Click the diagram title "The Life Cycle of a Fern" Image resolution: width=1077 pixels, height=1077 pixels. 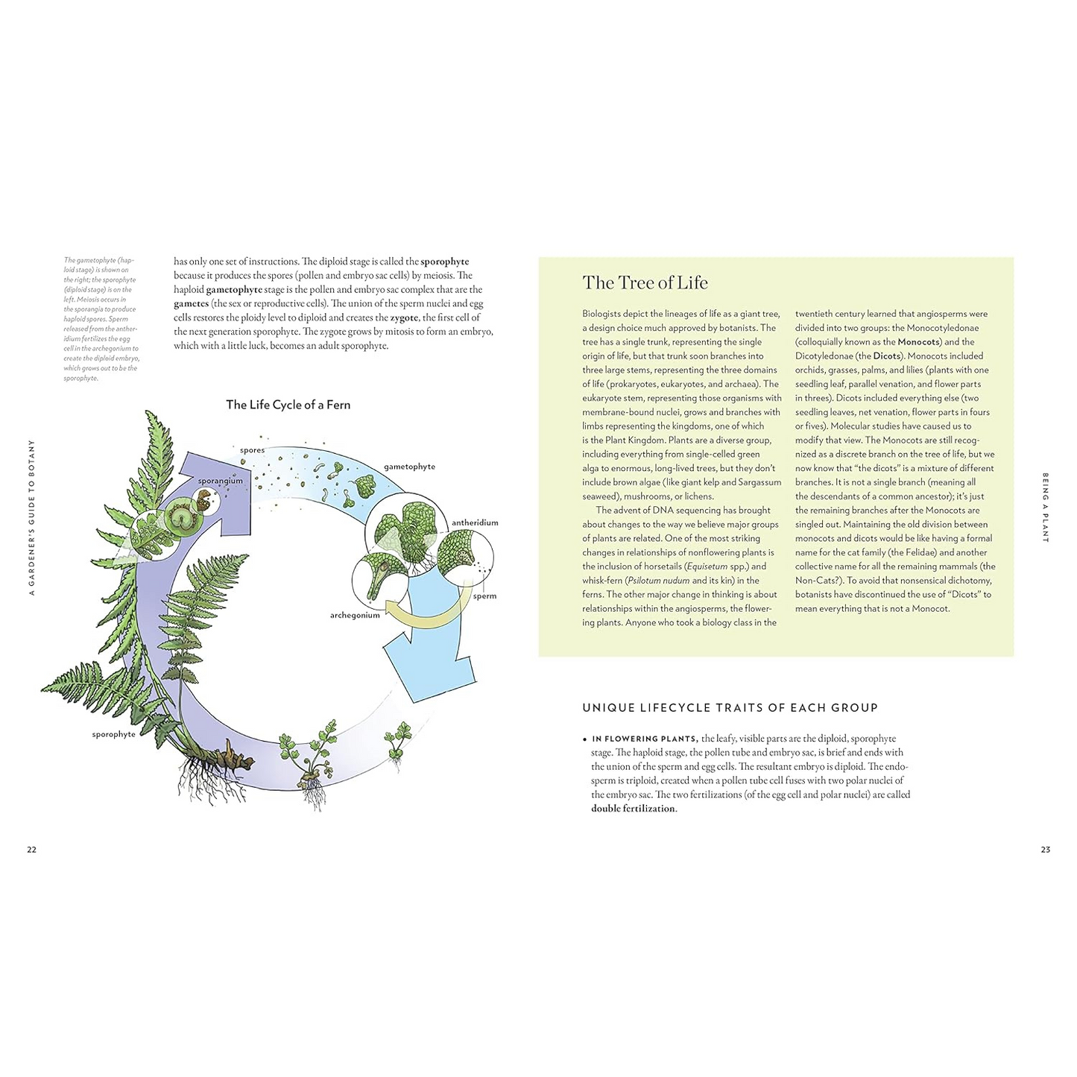point(288,405)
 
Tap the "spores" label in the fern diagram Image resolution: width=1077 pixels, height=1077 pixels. point(252,450)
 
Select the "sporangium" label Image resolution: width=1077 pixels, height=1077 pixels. point(220,481)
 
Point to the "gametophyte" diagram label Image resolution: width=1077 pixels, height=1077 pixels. point(409,467)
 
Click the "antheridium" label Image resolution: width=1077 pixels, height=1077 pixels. point(475,522)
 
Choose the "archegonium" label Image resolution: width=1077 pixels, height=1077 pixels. point(355,615)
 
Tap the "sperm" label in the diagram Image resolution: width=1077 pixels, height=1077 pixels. point(484,596)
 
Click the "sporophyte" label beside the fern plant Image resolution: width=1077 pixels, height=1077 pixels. point(114,734)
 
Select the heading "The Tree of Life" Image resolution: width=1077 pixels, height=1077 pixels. point(645,282)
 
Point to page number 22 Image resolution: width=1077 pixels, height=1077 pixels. point(31,849)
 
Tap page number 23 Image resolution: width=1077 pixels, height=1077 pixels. point(1045,849)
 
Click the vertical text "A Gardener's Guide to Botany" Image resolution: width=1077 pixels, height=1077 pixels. point(31,517)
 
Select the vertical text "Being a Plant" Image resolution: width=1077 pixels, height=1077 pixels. point(1045,507)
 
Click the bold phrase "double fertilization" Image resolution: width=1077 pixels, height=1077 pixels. point(633,809)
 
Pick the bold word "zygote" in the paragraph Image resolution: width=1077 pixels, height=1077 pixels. point(404,318)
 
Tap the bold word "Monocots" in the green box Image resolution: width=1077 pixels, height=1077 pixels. point(918,342)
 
